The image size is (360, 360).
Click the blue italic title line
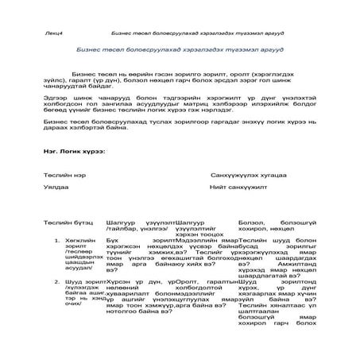pyautogui.click(x=179, y=48)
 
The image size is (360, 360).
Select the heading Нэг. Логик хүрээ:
pyautogui.click(x=75, y=150)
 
